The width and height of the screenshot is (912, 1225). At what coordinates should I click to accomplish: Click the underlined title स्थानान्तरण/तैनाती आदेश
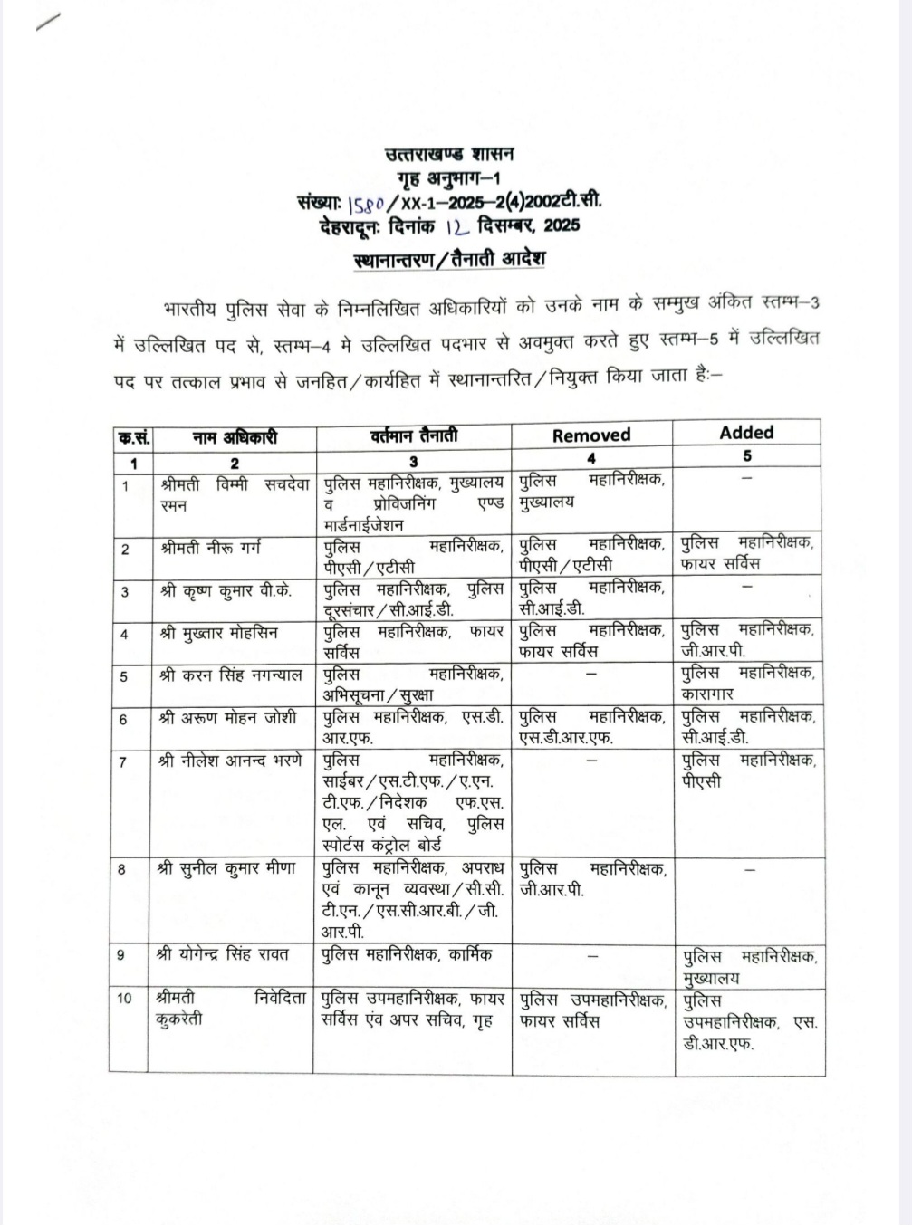coord(449,260)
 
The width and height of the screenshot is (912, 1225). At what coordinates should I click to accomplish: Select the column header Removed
coord(591,435)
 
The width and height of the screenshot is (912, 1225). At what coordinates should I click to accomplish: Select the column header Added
coord(746,433)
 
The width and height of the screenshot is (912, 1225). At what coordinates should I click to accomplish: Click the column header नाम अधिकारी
coord(235,438)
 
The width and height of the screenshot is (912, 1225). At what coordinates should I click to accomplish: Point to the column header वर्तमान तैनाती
coord(413,436)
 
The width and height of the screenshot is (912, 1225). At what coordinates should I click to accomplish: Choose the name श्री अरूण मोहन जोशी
coord(226,718)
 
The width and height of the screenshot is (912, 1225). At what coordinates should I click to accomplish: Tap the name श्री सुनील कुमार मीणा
coord(226,867)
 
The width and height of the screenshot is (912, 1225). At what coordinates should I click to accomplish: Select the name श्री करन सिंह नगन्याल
coord(230,675)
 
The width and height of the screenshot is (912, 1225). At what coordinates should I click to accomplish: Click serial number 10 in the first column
coord(125,999)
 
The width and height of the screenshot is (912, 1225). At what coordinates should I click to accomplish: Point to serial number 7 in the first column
coord(123,762)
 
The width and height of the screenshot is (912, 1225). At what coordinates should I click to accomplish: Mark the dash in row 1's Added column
coord(747,477)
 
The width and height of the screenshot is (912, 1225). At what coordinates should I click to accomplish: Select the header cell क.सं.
coord(133,439)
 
